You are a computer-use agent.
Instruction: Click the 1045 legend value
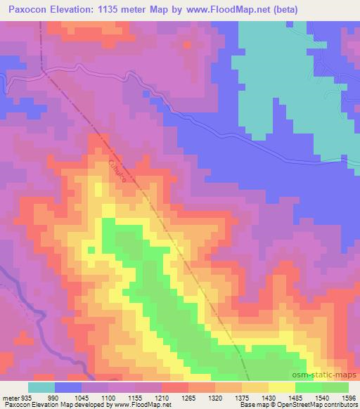pos(82,397)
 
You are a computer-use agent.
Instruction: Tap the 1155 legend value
pos(135,397)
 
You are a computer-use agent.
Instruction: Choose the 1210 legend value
pos(162,397)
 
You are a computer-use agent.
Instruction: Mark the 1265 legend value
pos(188,397)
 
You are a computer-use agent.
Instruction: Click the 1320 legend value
pos(215,397)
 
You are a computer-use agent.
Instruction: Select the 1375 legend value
pos(242,397)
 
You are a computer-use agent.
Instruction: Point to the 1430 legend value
pos(269,397)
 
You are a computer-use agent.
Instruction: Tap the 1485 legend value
pos(295,397)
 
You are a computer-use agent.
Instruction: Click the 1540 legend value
pos(322,397)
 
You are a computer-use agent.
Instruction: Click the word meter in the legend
pos(10,397)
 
